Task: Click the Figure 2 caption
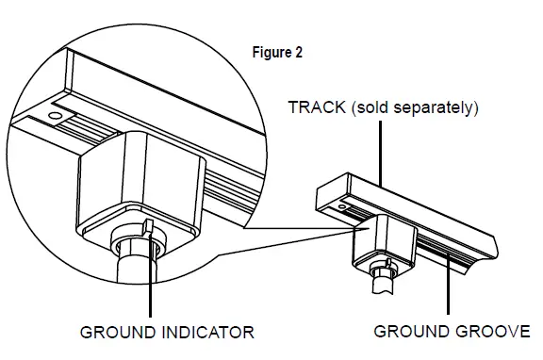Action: point(277,53)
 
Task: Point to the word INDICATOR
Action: point(214,332)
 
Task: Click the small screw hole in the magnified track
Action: point(55,117)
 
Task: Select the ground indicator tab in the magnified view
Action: point(150,227)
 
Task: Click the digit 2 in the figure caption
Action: point(299,53)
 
